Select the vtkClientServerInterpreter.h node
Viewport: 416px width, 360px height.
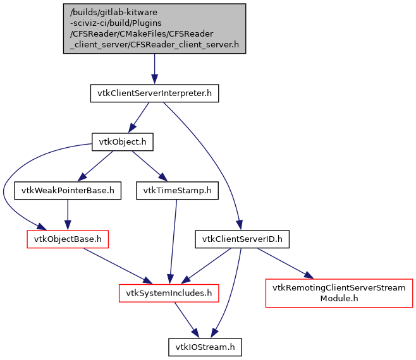click(x=154, y=94)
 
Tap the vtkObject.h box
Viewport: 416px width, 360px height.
click(x=123, y=142)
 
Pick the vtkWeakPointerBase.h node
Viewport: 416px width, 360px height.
click(x=68, y=190)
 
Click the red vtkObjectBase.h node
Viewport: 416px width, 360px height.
click(x=68, y=239)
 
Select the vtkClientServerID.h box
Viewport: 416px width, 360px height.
click(x=242, y=239)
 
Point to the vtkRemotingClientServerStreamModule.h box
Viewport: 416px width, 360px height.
click(x=339, y=292)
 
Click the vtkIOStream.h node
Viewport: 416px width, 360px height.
click(x=204, y=346)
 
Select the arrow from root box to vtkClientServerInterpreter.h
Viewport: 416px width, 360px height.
click(x=154, y=69)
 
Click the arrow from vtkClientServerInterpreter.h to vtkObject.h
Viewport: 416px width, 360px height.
click(x=139, y=117)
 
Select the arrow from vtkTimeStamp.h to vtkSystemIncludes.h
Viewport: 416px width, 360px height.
click(x=170, y=240)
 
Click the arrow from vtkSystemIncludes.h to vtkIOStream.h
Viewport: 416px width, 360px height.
click(x=187, y=320)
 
